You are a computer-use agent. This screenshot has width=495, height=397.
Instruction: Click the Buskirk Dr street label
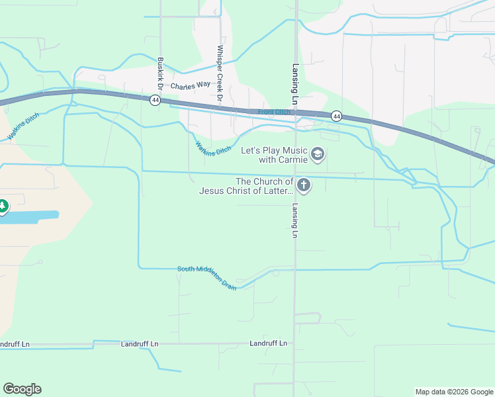[x=160, y=73]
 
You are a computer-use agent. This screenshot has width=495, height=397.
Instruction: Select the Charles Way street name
[x=190, y=86]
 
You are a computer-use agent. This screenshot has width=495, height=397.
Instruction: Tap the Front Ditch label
[x=274, y=112]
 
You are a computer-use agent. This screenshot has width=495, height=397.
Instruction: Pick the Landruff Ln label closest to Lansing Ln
[x=269, y=343]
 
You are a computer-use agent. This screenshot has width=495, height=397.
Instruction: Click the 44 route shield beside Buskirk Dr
[x=155, y=100]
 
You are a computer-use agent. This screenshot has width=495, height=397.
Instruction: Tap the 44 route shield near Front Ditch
[x=336, y=116]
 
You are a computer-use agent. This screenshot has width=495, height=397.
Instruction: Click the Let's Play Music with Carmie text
[x=274, y=155]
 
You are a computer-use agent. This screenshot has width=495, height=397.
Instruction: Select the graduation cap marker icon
[x=318, y=155]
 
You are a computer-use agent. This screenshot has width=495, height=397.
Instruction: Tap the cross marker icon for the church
[x=304, y=185]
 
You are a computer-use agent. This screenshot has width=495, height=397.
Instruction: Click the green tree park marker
[x=3, y=206]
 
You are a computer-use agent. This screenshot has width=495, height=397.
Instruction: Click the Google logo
[x=22, y=389]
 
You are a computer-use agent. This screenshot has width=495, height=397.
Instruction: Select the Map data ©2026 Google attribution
[x=454, y=392]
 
